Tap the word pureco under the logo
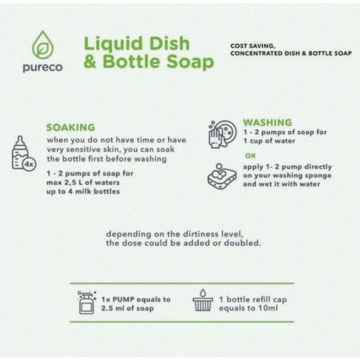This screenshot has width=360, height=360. (43, 67)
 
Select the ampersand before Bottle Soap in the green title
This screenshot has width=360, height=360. (90, 62)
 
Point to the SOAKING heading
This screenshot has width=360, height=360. (71, 127)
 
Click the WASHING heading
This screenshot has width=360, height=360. (267, 122)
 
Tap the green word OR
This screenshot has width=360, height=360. (250, 156)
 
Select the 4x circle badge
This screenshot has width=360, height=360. (29, 164)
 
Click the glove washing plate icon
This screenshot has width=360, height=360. (222, 134)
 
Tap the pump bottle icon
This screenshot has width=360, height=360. (87, 302)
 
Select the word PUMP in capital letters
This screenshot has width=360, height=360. (123, 299)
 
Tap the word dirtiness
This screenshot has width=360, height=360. (200, 234)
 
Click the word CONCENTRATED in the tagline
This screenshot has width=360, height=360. (256, 54)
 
